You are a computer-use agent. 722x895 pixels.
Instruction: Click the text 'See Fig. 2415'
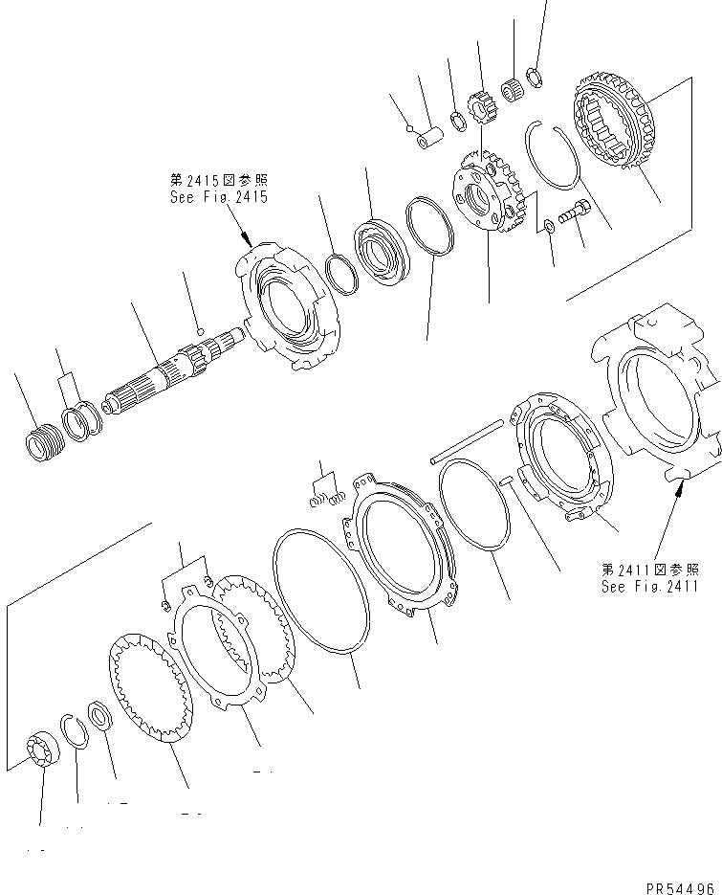(x=217, y=197)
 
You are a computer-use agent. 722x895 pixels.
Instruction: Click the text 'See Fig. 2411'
(x=656, y=587)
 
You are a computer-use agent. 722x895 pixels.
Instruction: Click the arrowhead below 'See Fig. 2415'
(x=247, y=245)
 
